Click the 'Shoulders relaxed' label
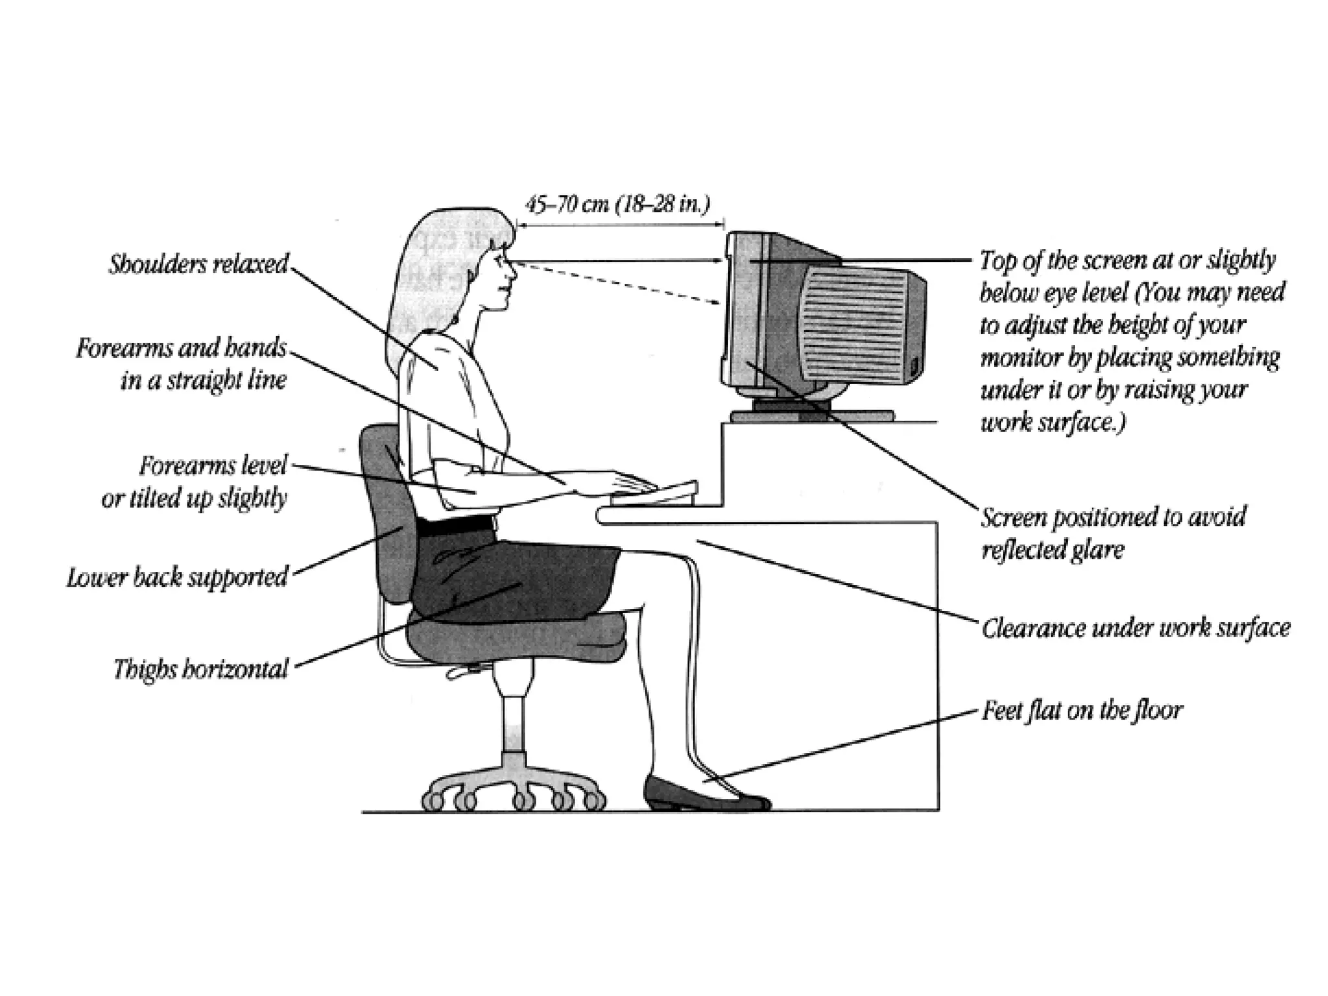click(198, 265)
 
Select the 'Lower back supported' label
click(177, 577)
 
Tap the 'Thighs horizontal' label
click(200, 669)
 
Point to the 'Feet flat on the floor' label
click(1082, 711)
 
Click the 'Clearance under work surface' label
click(1135, 628)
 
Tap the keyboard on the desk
click(655, 493)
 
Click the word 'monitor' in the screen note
click(1012, 357)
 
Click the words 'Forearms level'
click(213, 465)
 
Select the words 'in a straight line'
click(203, 380)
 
